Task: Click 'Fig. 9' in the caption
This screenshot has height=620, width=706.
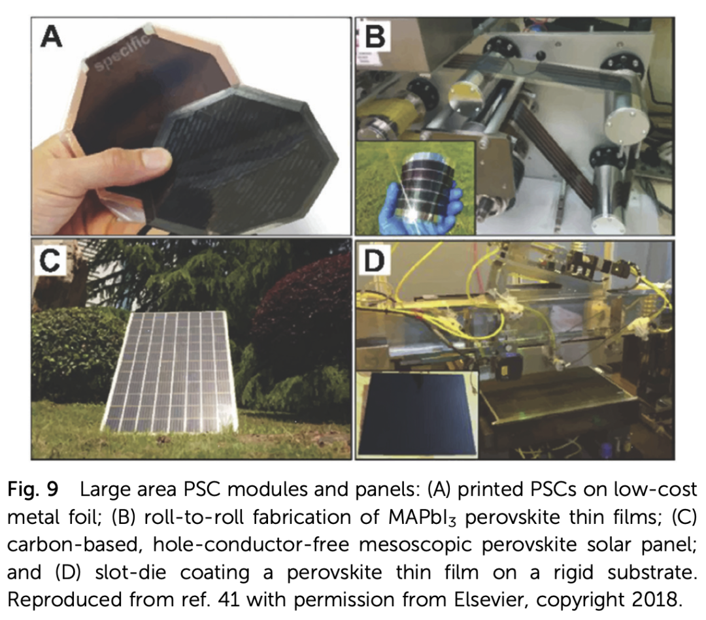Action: click(33, 489)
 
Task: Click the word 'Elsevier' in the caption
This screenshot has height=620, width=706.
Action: click(492, 599)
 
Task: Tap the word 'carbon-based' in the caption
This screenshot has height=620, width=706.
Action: click(72, 545)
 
